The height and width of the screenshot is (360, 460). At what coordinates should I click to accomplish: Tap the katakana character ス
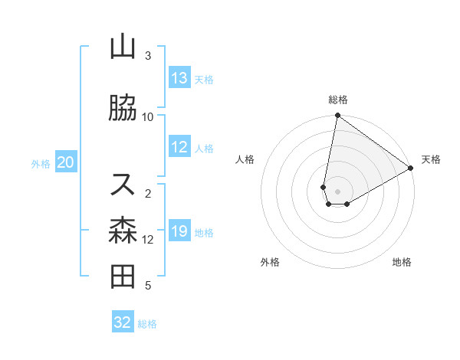[x=123, y=184]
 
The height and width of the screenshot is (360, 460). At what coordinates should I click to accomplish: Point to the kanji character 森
[x=123, y=231]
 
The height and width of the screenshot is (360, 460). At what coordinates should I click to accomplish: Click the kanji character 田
[x=123, y=277]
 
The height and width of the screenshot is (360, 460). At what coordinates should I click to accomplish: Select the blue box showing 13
[x=179, y=78]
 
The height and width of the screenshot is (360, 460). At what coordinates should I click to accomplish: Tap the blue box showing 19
[x=179, y=231]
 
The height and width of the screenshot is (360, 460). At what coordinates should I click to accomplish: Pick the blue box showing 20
[x=66, y=162]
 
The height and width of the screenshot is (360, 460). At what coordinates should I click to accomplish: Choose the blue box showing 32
[x=123, y=322]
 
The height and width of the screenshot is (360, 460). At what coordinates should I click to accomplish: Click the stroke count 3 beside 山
[x=148, y=56]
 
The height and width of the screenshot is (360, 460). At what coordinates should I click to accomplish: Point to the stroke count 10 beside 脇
[x=148, y=117]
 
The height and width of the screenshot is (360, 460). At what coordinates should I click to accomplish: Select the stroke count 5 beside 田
[x=148, y=286]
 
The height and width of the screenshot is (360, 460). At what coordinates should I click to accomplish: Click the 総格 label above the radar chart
[x=338, y=100]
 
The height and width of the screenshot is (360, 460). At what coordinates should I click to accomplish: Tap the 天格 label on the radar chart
[x=431, y=159]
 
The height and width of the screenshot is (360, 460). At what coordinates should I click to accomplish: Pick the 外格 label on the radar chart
[x=270, y=262]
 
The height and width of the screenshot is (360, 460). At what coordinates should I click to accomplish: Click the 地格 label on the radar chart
[x=402, y=262]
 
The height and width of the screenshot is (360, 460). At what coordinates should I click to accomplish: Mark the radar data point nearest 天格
[x=411, y=169]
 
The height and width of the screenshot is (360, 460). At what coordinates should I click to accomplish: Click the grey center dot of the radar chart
[x=338, y=191]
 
